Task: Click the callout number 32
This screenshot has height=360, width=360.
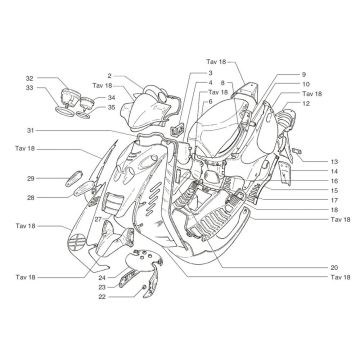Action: point(30,78)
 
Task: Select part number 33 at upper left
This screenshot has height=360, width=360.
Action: point(30,88)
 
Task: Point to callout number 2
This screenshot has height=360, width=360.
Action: point(108,75)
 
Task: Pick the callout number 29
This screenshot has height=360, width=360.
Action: point(31,178)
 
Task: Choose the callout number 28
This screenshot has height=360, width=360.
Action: point(31,197)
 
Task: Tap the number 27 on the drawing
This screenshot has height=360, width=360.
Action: point(98,218)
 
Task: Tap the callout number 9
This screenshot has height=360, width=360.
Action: point(303,75)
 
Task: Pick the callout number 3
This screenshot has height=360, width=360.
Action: point(211,73)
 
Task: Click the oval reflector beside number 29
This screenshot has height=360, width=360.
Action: point(73,175)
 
